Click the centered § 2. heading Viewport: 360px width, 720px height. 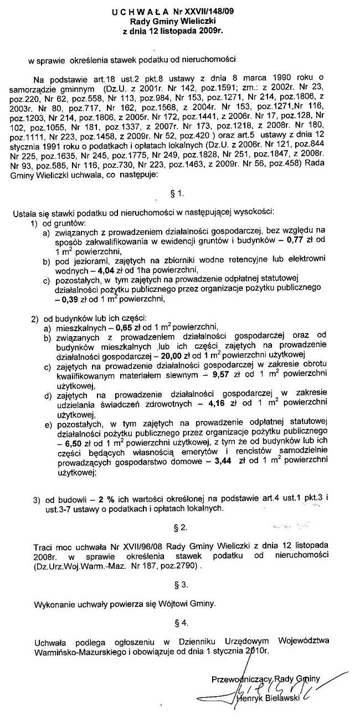[179, 524]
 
